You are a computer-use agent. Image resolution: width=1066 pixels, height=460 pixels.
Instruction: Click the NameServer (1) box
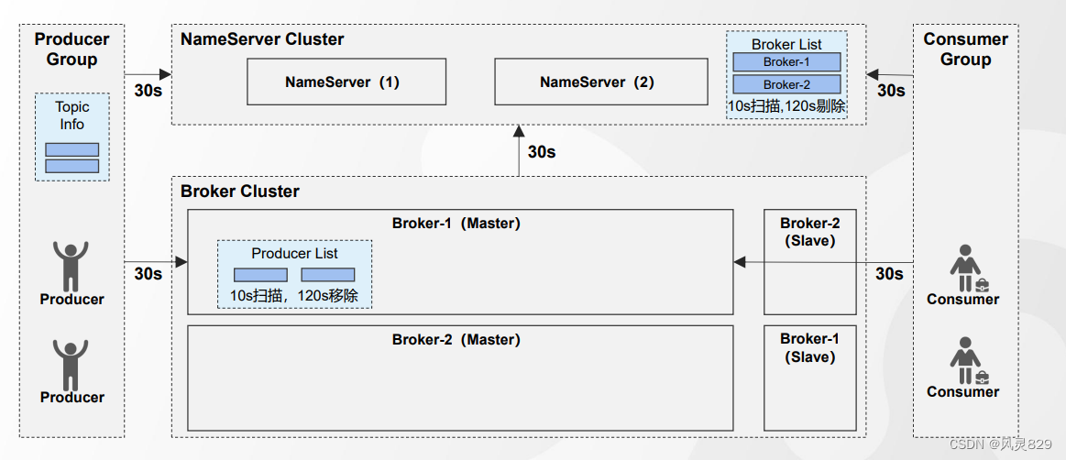(x=346, y=82)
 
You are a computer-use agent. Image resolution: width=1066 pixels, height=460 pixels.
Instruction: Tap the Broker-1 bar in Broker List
(x=786, y=61)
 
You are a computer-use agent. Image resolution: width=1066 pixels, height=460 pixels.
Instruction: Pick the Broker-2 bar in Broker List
(x=786, y=84)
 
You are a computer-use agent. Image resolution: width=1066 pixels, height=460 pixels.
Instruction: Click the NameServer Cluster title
(x=262, y=38)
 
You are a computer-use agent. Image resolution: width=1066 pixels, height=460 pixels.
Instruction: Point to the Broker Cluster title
(x=240, y=191)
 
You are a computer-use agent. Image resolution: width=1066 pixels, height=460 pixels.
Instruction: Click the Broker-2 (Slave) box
(x=809, y=262)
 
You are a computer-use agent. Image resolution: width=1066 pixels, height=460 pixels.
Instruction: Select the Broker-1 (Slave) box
(x=809, y=378)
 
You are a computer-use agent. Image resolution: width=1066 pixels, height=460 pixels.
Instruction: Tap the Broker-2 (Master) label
(x=456, y=340)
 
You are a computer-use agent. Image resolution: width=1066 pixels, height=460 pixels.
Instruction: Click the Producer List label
(x=294, y=254)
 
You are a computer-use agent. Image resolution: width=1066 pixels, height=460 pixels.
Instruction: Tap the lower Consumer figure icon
(x=966, y=361)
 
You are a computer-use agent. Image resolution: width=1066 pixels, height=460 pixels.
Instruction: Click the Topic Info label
(x=72, y=115)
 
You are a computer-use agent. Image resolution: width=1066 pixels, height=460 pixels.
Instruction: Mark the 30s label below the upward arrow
(x=542, y=152)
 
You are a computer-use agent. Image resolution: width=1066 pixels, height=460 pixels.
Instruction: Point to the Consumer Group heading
(x=965, y=49)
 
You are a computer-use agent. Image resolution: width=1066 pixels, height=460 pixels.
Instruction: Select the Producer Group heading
(x=72, y=49)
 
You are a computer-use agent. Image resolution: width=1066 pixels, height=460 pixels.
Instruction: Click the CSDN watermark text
(x=1001, y=444)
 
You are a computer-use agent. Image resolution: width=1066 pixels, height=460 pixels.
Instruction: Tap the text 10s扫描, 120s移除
(x=294, y=296)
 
